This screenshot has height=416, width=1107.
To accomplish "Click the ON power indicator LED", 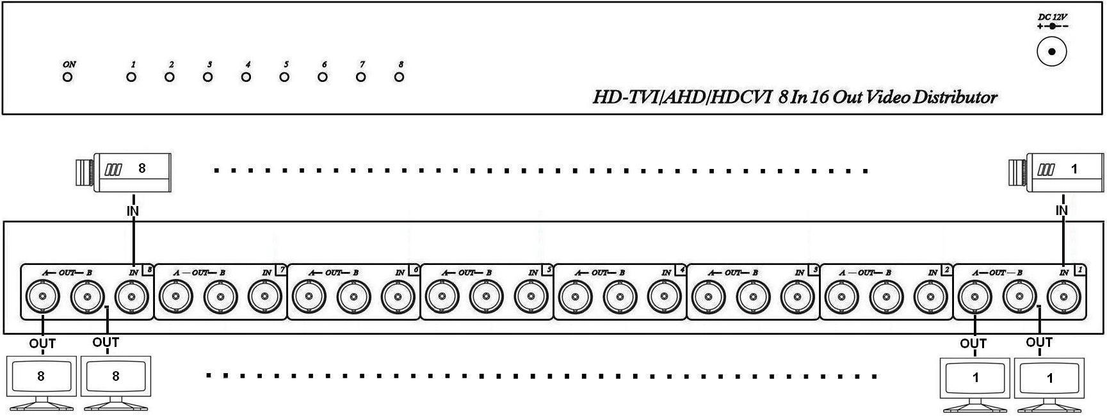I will coord(68,77).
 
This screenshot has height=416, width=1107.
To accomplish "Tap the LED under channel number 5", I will coord(284,77).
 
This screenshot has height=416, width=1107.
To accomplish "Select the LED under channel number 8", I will coord(399,77).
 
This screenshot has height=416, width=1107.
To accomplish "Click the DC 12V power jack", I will coord(1051,52).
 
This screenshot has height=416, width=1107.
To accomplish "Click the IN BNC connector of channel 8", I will coord(132,297).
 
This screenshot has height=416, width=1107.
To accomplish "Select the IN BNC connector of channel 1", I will coord(1064,297).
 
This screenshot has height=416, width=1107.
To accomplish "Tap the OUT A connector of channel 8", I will coord(42,297).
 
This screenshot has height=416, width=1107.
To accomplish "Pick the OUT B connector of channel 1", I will coord(1019,297).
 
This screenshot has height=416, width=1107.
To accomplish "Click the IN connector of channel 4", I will coord(665,297).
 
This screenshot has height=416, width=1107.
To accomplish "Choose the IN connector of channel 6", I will coord(398,297).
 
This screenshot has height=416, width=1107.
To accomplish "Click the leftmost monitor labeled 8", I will coord(41,378).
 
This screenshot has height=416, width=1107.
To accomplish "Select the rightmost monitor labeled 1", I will coord(1050,379).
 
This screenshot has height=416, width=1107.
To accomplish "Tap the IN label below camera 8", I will coord(133,211).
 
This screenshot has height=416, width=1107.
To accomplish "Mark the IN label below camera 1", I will coord(1062,211).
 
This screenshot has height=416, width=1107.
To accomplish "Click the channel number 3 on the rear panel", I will coord(814,270).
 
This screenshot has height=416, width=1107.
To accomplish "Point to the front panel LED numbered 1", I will coord(131,77).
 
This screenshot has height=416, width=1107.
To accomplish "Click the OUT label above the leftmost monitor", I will coord(42,344).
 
